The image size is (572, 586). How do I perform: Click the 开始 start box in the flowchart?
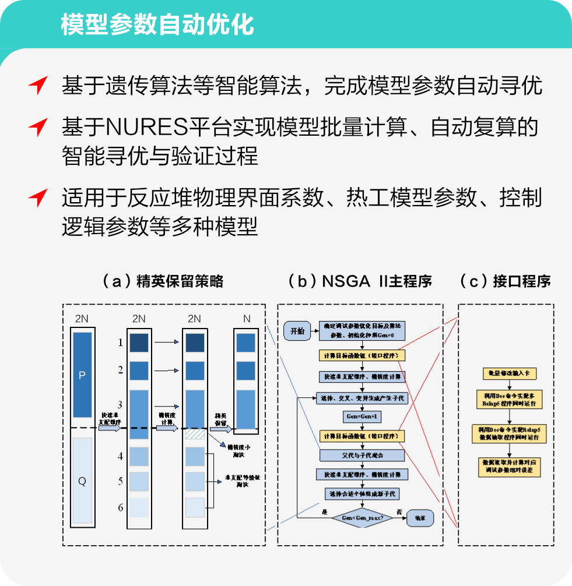pos(297,331)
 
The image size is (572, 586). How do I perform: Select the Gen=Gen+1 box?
pos(362,417)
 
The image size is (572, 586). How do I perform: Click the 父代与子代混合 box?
pos(362,454)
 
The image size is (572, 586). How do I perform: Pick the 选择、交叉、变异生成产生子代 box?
pos(362,398)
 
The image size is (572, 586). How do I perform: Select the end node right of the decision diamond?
pos(419,518)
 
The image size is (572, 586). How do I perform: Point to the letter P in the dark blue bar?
pos(82,376)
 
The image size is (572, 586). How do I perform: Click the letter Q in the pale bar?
pos(82,481)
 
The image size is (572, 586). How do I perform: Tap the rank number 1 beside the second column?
pos(121,343)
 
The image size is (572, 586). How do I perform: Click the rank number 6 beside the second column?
pos(121,507)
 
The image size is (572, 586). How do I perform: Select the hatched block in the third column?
pos(194,435)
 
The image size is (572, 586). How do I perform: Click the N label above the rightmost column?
pos(247,319)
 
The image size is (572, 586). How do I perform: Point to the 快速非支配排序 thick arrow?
pos(109,428)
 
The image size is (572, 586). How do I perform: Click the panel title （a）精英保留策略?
pos(163,281)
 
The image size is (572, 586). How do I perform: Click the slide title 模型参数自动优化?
pos(157,24)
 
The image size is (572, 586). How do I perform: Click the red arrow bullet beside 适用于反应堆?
pos(38,198)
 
